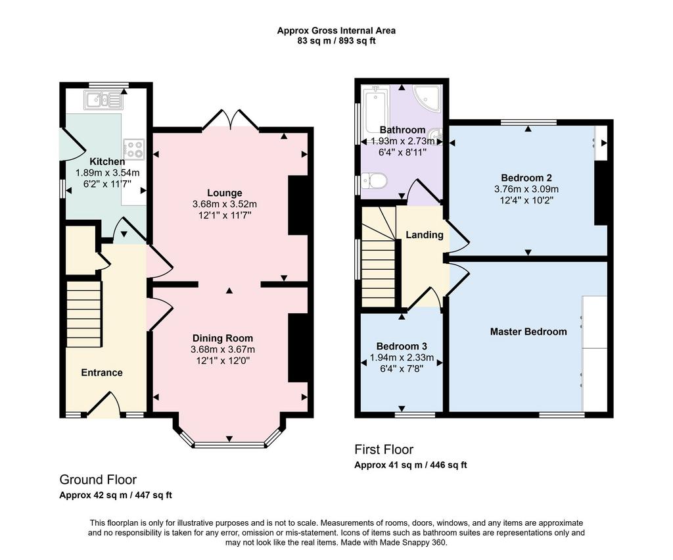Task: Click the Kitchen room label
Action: pos(107,162)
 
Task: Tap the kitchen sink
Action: pos(103,101)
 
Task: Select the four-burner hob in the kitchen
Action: pos(134,149)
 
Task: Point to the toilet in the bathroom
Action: pos(374,180)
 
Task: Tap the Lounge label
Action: pos(225,193)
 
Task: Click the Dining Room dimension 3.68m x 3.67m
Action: pos(223,349)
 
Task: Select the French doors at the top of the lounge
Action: pos(231,120)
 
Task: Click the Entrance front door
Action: pos(103,405)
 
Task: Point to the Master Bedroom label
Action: pos(528,332)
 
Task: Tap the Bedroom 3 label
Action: pos(402,346)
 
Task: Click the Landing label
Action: pos(425,235)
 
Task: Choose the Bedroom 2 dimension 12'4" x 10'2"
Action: pos(526,200)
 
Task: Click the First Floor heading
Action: pos(384,449)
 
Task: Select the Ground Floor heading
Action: pos(98,480)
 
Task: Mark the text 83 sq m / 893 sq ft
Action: pos(336,41)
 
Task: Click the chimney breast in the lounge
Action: pos(298,205)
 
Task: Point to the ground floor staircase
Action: pos(83,314)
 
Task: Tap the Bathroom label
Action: pos(403,130)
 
